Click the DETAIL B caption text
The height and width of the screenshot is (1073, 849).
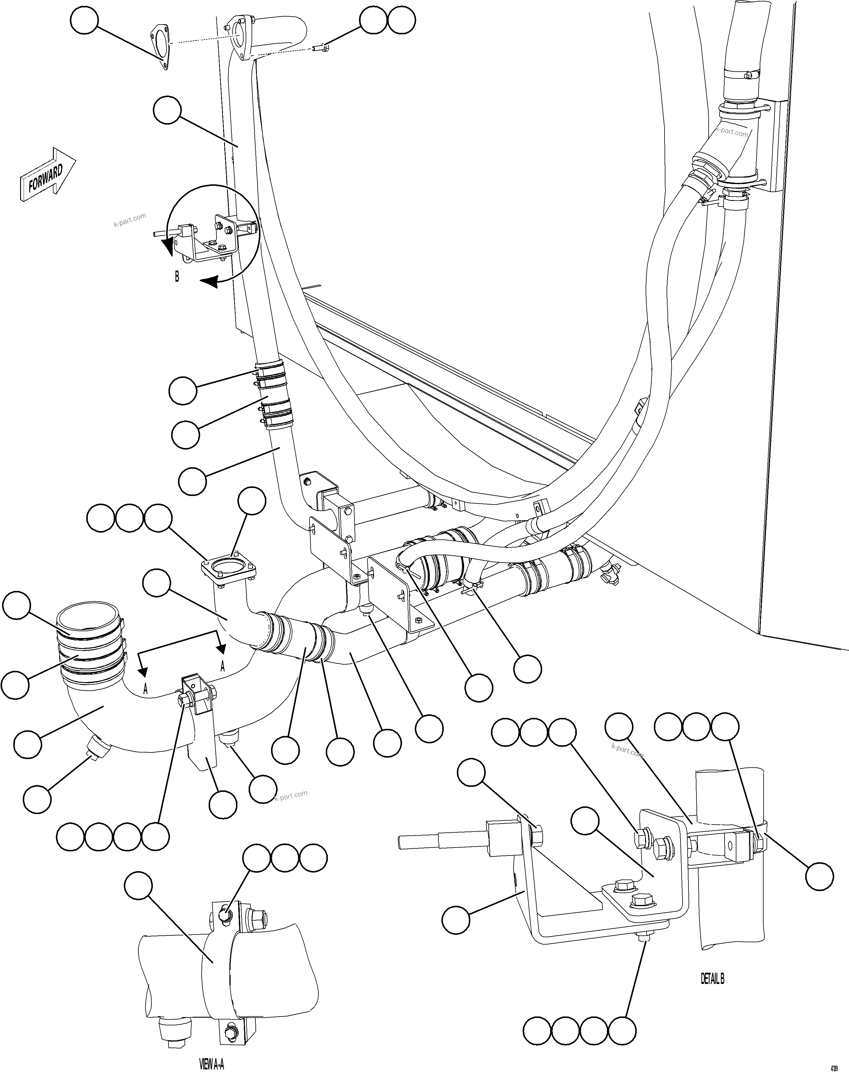[712, 979]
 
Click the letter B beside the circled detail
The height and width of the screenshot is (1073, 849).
[176, 277]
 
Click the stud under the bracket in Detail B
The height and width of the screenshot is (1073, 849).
[644, 937]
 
